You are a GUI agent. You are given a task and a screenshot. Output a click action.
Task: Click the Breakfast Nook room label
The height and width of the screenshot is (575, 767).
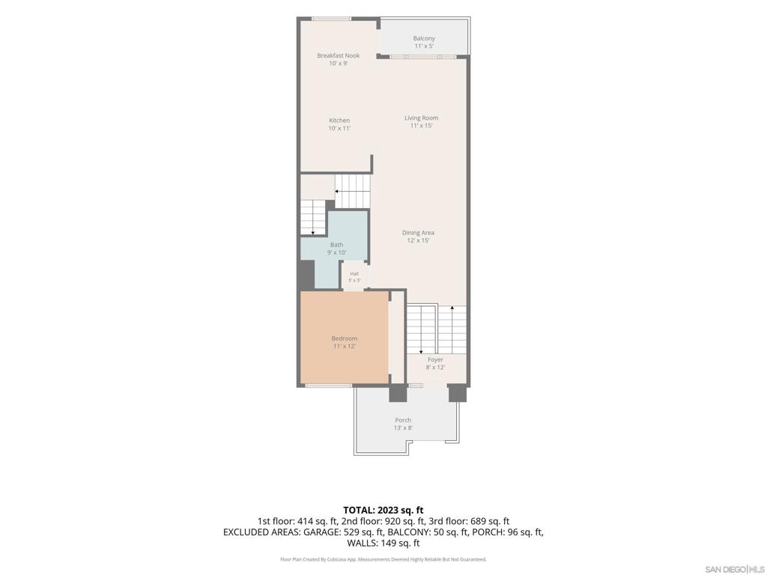click(338, 55)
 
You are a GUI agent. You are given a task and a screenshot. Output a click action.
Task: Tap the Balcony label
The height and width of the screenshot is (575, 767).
click(424, 38)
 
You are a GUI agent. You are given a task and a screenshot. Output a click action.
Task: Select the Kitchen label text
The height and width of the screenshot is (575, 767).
click(339, 121)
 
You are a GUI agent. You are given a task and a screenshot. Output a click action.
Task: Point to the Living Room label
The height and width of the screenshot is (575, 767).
click(421, 118)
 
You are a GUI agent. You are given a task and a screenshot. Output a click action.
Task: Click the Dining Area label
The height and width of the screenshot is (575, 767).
click(418, 233)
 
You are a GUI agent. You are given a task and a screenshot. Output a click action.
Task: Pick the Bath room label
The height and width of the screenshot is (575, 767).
click(336, 245)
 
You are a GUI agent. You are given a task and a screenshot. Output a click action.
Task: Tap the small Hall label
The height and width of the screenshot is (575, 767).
click(354, 274)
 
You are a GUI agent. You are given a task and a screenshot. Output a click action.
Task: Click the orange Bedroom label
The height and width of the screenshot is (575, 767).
click(345, 338)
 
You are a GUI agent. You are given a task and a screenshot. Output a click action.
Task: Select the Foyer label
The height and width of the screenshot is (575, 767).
click(435, 359)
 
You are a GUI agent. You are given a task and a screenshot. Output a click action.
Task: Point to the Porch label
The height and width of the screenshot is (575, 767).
click(403, 420)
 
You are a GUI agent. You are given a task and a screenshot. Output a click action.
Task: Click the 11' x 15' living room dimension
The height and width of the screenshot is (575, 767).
click(421, 126)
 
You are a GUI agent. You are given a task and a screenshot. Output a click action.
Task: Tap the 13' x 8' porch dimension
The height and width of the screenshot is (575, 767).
click(403, 428)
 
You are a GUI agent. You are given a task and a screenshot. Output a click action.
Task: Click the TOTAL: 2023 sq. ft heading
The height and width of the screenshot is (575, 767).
click(383, 511)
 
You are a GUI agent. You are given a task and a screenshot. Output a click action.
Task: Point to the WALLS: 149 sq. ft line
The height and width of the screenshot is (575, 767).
click(383, 543)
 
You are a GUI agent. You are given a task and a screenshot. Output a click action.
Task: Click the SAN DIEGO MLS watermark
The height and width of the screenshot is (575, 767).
click(735, 570)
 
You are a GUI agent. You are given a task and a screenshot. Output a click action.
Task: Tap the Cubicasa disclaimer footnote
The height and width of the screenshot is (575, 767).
click(383, 559)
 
